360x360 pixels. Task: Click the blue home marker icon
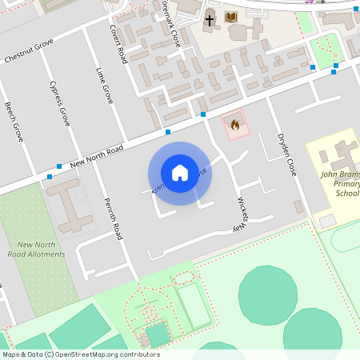[x=180, y=173]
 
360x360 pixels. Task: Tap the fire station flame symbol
[x=234, y=125]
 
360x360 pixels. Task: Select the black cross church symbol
[x=210, y=19]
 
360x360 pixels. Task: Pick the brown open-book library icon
[x=231, y=17]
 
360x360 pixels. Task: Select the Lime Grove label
[x=105, y=86]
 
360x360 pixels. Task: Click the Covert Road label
[x=118, y=43]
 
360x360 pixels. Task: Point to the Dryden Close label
[x=287, y=155]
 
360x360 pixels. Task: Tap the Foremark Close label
[x=170, y=24]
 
